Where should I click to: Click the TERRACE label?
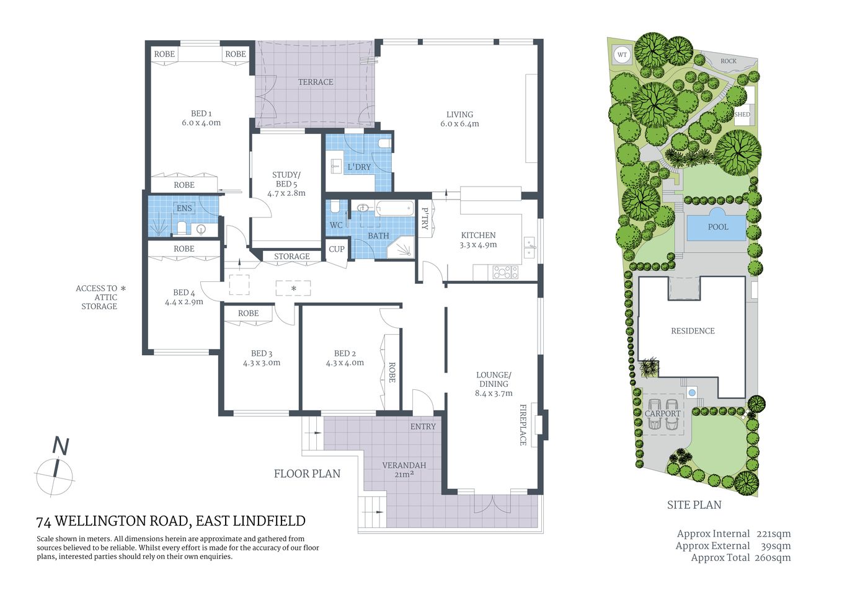[315, 82]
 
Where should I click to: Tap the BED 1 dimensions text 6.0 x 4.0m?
[201, 123]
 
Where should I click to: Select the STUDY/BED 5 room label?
[286, 179]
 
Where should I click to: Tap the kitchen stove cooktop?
[505, 272]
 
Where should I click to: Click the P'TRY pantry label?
[425, 219]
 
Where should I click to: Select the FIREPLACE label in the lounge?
[523, 425]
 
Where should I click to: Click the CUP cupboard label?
[337, 249]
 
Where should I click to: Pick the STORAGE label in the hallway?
[291, 257]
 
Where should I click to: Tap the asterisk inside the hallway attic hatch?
[293, 289]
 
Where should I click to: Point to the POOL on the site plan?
[717, 227]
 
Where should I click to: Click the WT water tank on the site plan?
[622, 55]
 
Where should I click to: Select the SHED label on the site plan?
[742, 115]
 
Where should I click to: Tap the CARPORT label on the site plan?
[662, 413]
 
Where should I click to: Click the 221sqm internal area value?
[773, 534]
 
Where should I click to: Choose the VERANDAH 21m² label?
[404, 470]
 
